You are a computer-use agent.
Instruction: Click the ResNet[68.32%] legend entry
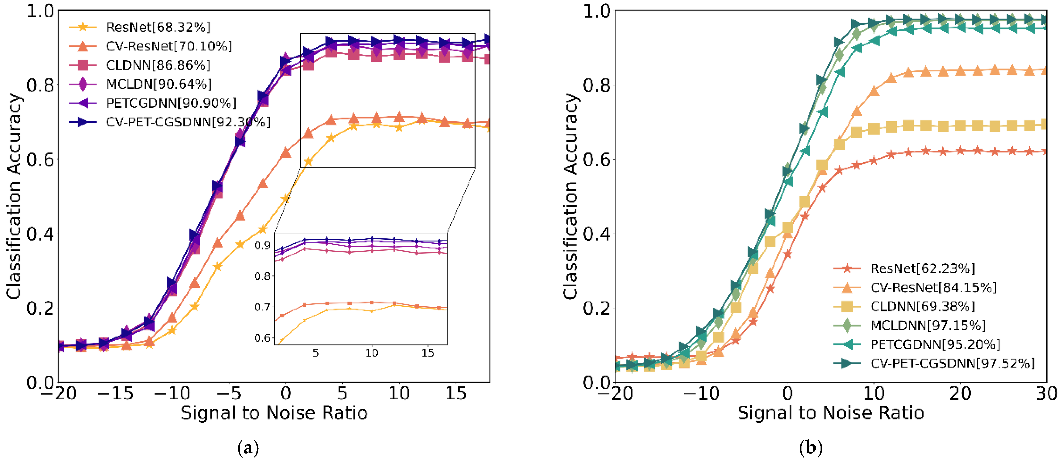158,27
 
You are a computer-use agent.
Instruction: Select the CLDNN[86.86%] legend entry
158,65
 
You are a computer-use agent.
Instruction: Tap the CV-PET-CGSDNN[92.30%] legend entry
188,122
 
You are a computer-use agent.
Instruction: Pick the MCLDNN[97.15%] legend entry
928,325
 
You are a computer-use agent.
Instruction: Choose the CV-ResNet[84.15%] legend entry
933,287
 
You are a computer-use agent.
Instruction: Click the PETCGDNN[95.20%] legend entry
935,344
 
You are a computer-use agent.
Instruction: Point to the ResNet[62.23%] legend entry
922,268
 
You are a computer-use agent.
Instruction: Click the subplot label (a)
248,448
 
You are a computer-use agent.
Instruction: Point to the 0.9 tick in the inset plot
262,246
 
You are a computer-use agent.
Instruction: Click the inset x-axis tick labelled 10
372,353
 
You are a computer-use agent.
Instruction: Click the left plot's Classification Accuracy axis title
14,196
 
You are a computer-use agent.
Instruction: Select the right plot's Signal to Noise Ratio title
830,413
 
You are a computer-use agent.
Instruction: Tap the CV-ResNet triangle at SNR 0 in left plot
286,153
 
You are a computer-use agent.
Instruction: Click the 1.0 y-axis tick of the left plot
40,11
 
